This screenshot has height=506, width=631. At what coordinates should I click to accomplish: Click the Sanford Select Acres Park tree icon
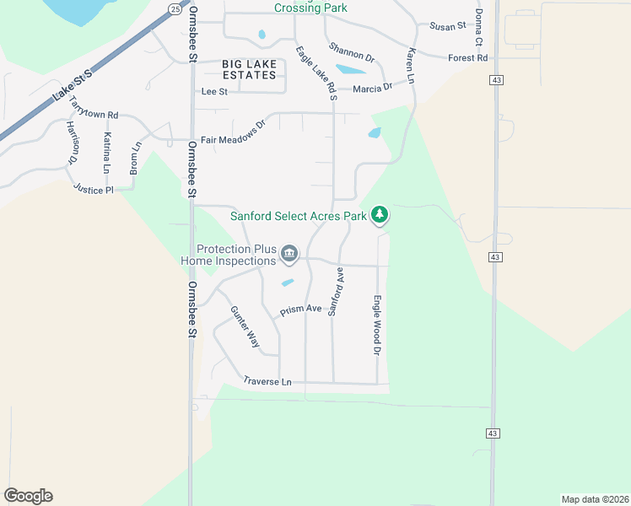point(380,215)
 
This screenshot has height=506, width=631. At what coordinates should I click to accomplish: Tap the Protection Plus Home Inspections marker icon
point(289,253)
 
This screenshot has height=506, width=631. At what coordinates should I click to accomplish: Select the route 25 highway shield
point(174,8)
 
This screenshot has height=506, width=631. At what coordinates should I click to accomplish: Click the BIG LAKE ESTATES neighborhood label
point(249,69)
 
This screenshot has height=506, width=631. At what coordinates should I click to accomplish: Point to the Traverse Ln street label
point(267,382)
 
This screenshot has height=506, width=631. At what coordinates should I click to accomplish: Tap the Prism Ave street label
point(301,310)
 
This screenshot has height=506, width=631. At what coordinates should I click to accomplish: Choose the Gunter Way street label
point(245,327)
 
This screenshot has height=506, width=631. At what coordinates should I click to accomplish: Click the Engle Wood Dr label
point(379,325)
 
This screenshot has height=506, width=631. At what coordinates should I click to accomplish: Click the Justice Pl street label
point(93,190)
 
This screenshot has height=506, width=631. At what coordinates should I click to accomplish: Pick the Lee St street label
point(214,91)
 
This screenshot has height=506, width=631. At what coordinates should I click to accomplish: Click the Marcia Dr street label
point(373,88)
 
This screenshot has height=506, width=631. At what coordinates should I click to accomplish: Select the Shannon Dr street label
point(352,52)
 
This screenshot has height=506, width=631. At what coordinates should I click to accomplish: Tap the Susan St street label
point(448,26)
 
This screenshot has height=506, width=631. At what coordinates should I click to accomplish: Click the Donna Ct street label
point(478,29)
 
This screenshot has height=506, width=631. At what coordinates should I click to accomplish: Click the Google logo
point(28,496)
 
